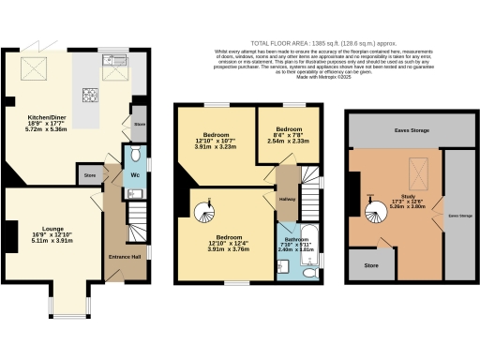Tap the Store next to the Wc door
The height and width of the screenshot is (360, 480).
(x=90, y=175)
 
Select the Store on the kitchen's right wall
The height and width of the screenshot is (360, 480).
(x=140, y=123)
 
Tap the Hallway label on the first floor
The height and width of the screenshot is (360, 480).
(x=288, y=198)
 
